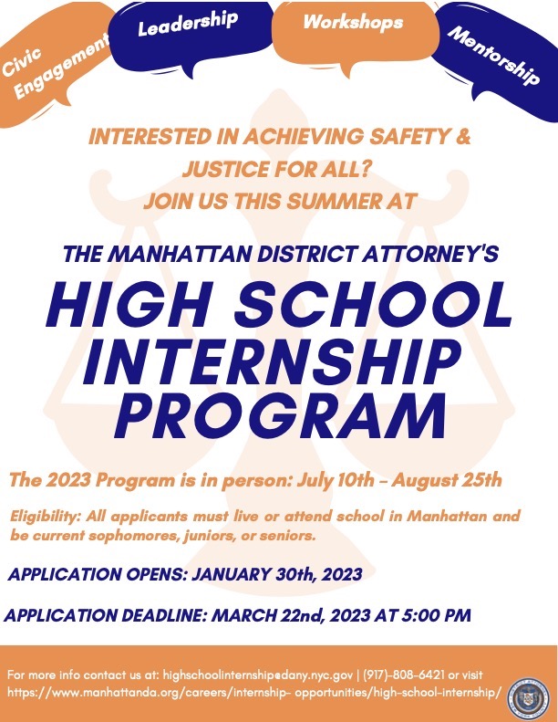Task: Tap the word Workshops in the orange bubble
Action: point(353,22)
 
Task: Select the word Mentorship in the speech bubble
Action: point(493,56)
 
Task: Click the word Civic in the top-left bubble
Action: point(22,62)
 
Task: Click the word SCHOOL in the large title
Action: point(374,303)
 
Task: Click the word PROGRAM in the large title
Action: point(281,415)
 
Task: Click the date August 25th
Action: point(446,480)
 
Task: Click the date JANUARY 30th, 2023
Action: point(276,574)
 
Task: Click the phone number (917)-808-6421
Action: point(404,675)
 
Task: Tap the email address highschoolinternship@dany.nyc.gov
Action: point(258,675)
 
